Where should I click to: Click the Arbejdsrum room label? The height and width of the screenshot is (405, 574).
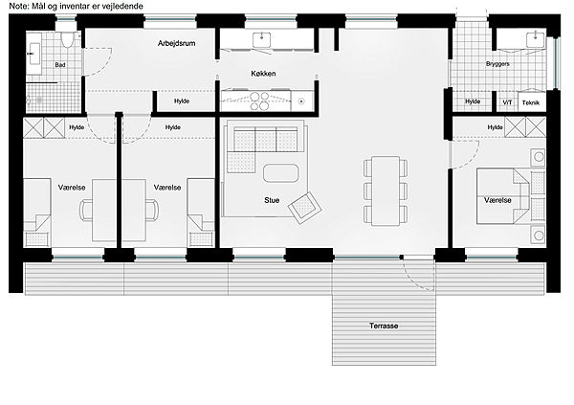[x=176, y=43]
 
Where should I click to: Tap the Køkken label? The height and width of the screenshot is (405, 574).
[x=263, y=74]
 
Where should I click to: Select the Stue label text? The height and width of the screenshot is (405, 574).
[x=272, y=200]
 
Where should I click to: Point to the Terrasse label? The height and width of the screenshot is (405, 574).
[x=384, y=326]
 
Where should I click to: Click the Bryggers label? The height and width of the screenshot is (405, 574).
[x=497, y=64]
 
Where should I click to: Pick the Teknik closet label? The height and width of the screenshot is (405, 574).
[x=531, y=103]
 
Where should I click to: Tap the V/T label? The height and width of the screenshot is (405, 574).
[x=507, y=102]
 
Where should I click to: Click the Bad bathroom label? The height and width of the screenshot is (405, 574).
[x=60, y=65]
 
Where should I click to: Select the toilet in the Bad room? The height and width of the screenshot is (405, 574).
[x=67, y=39]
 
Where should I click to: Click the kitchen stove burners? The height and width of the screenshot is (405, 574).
[x=259, y=101]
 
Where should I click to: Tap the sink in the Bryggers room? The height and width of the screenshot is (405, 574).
[x=536, y=39]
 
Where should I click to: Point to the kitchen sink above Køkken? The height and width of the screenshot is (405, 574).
[x=262, y=40]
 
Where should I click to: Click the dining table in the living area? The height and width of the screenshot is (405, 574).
[x=386, y=191]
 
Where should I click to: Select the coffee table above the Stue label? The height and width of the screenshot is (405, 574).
[x=280, y=173]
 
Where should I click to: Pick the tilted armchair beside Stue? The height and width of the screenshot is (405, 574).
[x=304, y=208]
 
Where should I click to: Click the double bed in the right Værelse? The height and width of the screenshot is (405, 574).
[x=503, y=195]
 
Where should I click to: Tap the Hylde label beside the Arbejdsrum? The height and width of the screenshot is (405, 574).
[x=182, y=101]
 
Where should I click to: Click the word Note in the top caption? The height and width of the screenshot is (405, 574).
[x=17, y=7]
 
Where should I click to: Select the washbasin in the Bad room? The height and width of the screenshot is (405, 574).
[x=34, y=54]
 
